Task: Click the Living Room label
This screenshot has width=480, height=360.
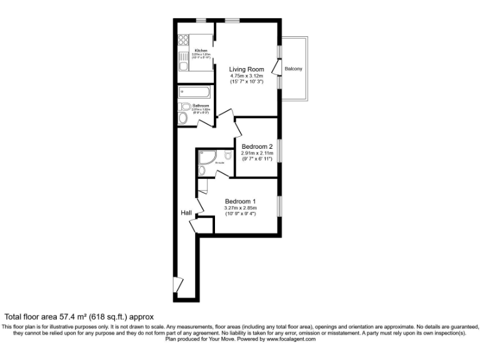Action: (246, 69)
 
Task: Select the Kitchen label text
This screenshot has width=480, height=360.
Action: (201, 50)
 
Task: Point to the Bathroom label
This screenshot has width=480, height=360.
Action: (201, 106)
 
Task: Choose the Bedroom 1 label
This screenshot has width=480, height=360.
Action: (241, 201)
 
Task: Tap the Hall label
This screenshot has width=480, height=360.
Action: (186, 213)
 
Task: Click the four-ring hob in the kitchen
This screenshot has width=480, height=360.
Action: (184, 42)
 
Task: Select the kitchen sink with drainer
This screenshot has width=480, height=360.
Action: (184, 63)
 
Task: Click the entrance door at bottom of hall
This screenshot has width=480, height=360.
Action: (180, 285)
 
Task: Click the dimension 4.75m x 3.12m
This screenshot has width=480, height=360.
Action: (246, 76)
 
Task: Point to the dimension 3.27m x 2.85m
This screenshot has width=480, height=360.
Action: (241, 208)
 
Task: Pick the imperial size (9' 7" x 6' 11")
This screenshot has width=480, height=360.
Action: (257, 159)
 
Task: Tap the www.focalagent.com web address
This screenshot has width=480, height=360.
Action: (287, 339)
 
